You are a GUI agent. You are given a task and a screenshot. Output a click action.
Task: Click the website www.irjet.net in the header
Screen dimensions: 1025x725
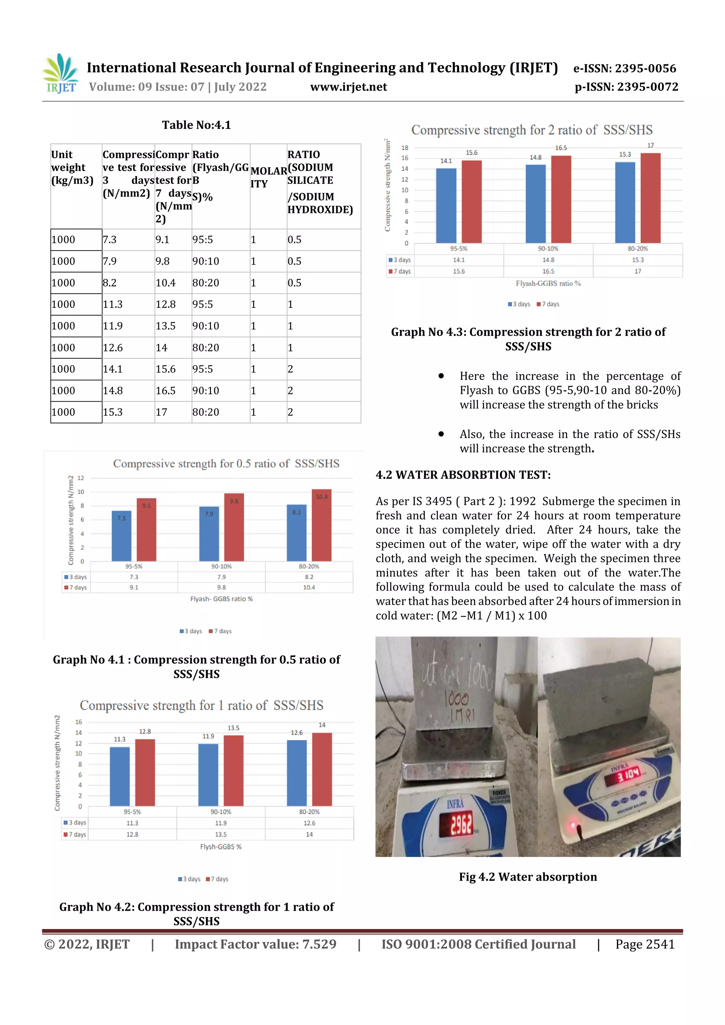click(x=348, y=87)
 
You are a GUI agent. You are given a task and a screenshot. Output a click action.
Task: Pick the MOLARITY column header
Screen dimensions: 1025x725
click(x=268, y=177)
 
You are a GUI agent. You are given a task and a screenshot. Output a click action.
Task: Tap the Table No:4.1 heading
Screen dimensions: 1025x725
click(x=196, y=125)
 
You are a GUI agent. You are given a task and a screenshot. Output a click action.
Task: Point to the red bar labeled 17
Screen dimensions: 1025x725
click(x=650, y=198)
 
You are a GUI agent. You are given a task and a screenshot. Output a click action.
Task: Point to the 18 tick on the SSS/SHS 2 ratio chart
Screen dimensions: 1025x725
click(x=405, y=148)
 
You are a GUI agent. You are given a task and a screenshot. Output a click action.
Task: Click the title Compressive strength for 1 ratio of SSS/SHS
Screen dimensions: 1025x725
click(x=201, y=706)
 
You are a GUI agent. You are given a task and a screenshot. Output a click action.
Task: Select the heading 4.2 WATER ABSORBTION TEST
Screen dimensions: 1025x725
click(x=463, y=475)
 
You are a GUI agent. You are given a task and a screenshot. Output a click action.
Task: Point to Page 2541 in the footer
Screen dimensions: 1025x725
click(x=645, y=944)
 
